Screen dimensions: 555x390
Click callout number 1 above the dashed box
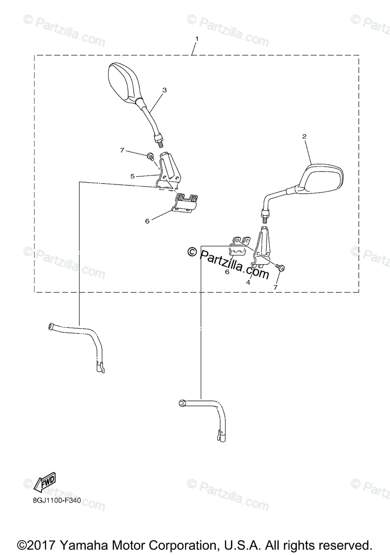coord(197,38)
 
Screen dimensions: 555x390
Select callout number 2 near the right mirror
coord(304,136)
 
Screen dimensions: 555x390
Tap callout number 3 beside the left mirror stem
coord(164,89)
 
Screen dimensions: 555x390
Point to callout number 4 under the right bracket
coord(248,282)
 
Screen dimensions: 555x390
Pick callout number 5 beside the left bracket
coord(132,176)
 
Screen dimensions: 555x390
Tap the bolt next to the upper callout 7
coord(150,156)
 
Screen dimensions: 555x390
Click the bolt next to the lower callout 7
coord(280,268)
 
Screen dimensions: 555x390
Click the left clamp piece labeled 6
coord(186,203)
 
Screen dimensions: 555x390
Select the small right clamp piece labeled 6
coord(240,245)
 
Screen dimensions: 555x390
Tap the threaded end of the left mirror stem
coord(159,139)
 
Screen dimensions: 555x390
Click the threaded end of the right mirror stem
coord(265,214)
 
